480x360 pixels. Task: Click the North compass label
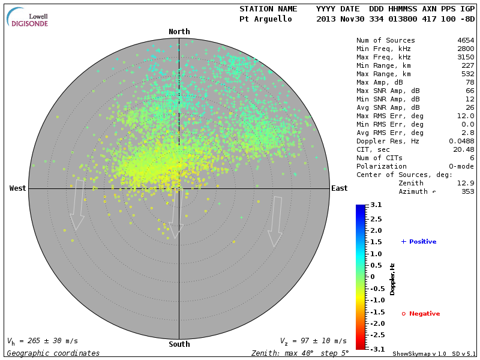179,32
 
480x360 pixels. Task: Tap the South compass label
179,344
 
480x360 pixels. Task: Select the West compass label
18,188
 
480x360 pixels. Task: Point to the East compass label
339,188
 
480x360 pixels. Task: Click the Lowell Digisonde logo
29,18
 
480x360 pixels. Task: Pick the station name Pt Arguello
265,19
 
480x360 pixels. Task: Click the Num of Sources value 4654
465,40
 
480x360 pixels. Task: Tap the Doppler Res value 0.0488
461,141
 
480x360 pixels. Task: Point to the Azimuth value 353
467,191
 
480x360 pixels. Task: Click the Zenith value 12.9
465,183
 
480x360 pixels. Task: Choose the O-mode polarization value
461,166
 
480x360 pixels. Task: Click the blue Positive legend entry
419,242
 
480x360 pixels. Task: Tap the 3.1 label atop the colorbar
376,205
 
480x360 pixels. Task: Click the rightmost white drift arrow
275,221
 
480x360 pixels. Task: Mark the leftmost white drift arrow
77,205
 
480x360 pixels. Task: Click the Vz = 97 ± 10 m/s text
313,341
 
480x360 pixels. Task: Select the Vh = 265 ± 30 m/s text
43,341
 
